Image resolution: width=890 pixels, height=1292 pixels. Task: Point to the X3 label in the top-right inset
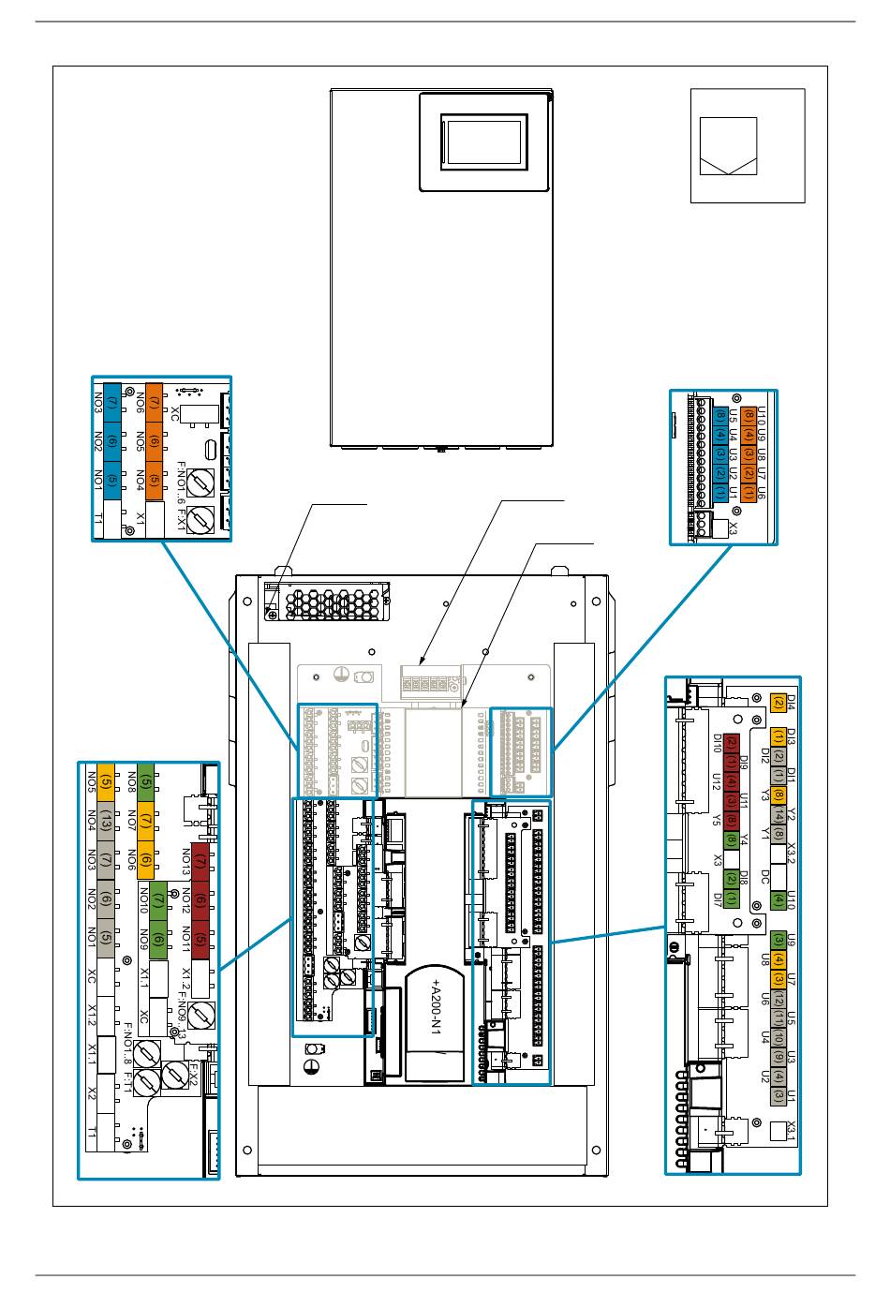point(734,529)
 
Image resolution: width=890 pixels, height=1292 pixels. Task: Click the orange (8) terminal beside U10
point(749,415)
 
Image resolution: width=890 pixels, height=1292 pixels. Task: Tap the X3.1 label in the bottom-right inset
point(792,1131)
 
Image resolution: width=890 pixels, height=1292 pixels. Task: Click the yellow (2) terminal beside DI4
point(778,702)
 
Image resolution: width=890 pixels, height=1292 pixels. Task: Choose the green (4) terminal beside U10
point(778,899)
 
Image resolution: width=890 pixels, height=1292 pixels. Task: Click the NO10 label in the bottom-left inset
point(144,900)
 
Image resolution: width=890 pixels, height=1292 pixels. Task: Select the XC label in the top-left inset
point(175,413)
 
